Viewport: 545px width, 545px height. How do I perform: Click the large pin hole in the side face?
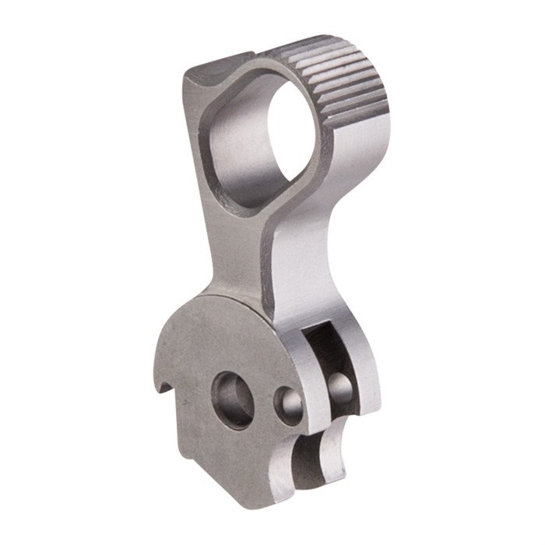point(233,399)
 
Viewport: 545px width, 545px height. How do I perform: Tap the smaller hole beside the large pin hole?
point(290,405)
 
